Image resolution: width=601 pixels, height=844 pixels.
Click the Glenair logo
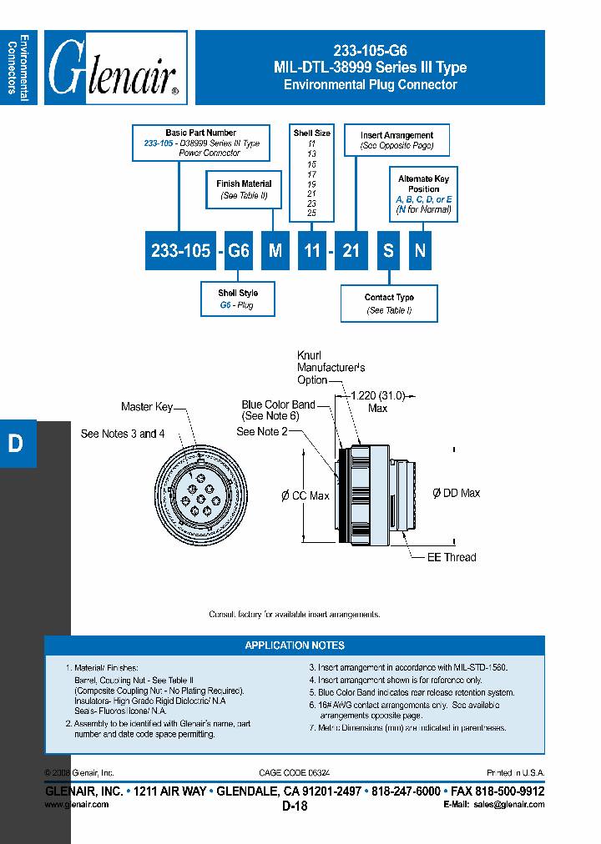[x=115, y=68]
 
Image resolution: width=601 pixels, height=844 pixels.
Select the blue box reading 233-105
[x=180, y=250]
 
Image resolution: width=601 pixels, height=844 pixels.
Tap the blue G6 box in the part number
[x=239, y=250]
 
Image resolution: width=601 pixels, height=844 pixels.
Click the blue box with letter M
[x=275, y=250]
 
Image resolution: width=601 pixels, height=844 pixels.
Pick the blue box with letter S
[x=388, y=250]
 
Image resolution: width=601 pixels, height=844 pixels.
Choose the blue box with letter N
[x=421, y=250]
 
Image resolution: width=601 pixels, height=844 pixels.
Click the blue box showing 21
[x=351, y=250]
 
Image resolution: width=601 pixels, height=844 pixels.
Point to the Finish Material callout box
[x=244, y=189]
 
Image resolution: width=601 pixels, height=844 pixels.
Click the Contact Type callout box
[x=389, y=304]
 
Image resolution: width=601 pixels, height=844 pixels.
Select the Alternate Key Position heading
[x=424, y=183]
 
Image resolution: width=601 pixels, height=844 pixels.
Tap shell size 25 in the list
[x=311, y=214]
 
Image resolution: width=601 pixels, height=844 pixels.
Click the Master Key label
[x=147, y=407]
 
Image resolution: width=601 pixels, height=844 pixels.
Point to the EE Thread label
[x=452, y=557]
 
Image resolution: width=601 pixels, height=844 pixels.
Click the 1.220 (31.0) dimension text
[x=377, y=395]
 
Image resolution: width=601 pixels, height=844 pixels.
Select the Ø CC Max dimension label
[x=306, y=496]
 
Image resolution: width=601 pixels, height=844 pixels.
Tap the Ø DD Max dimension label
[x=456, y=493]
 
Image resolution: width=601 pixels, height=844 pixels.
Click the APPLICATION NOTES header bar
[x=294, y=646]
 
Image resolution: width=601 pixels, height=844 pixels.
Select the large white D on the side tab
[x=15, y=444]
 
